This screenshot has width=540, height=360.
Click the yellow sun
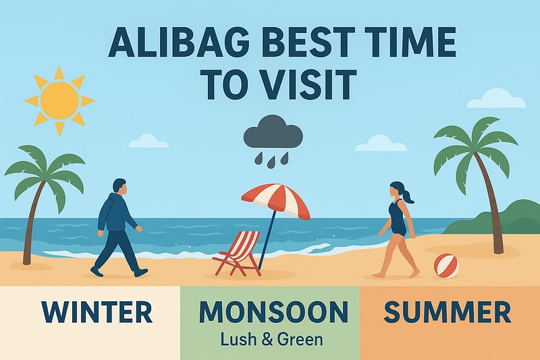(x=59, y=100)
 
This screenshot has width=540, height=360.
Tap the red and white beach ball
(x=446, y=265)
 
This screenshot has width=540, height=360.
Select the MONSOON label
(x=273, y=311)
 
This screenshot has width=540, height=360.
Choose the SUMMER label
(x=447, y=312)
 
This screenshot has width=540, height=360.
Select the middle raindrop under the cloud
(x=272, y=161)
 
